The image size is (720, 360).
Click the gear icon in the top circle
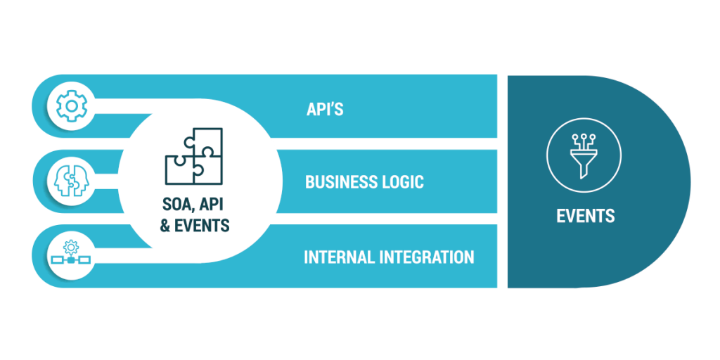click(x=70, y=106)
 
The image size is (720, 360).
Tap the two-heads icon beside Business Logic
click(x=70, y=181)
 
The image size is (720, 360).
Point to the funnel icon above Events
click(x=584, y=155)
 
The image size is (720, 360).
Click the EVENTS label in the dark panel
click(x=586, y=216)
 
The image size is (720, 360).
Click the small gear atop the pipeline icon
click(x=70, y=247)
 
